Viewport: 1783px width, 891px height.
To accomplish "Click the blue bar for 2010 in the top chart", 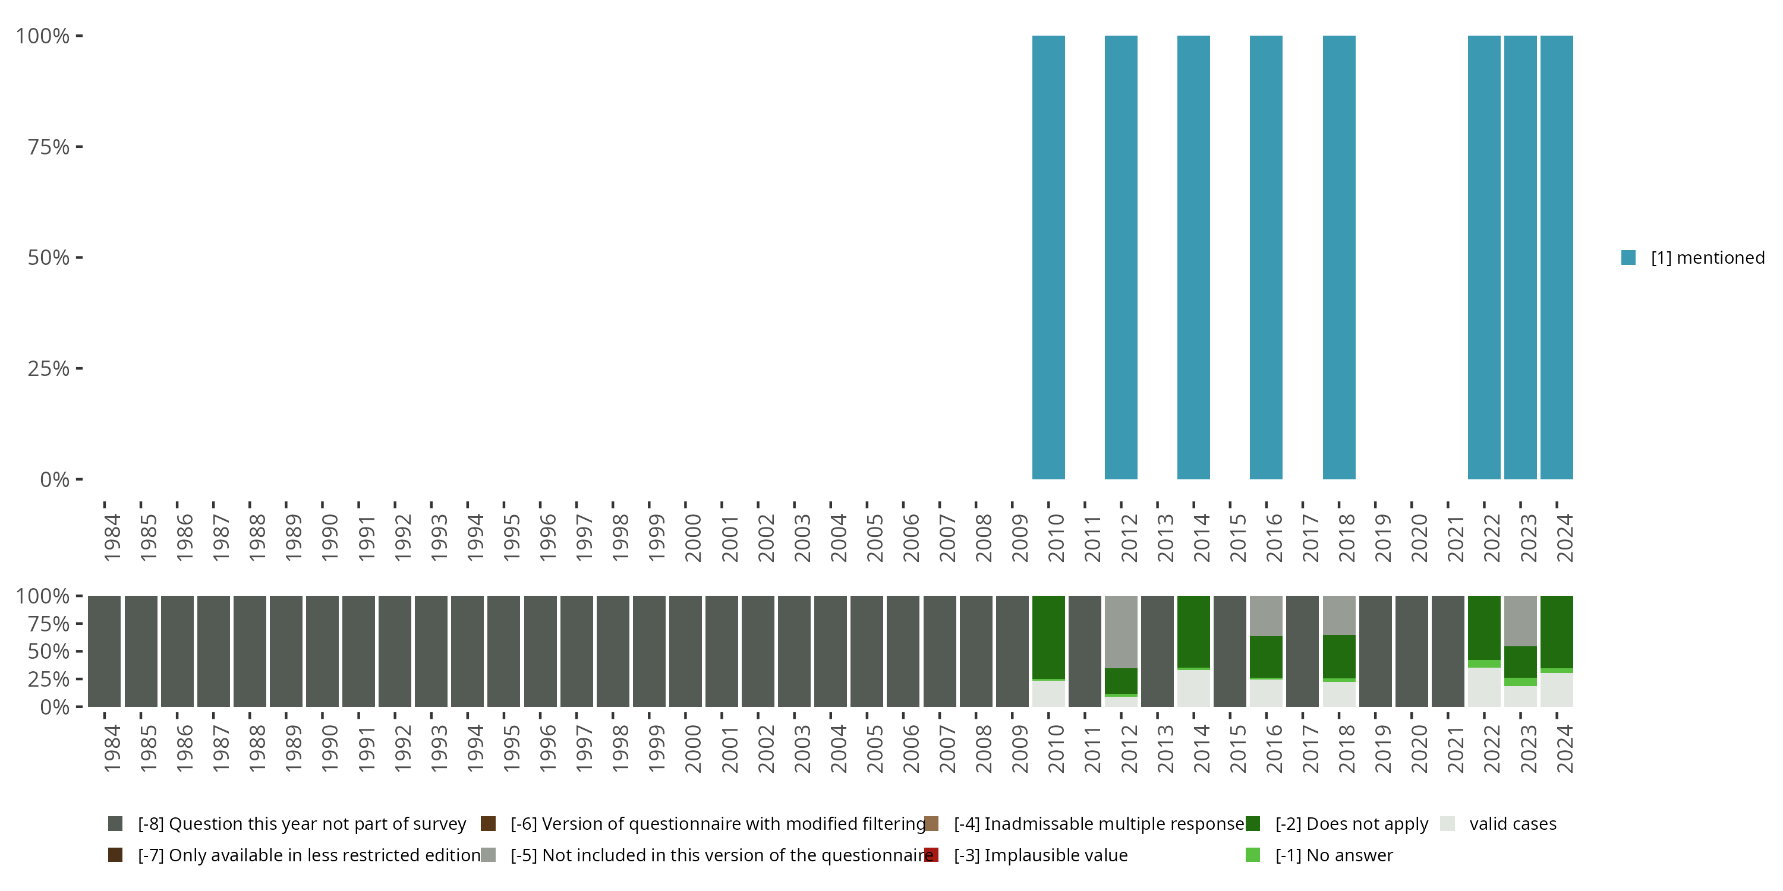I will tap(1048, 257).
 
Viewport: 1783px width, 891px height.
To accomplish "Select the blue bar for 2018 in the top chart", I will tap(1338, 257).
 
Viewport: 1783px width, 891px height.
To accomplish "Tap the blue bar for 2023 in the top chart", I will tap(1520, 257).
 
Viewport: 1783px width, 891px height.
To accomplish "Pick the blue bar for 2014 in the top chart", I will tap(1193, 257).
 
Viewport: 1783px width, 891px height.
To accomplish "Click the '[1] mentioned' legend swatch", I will tap(1628, 257).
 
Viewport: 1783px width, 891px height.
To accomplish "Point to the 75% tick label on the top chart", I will tap(49, 147).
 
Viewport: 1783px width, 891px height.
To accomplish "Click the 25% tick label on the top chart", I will tap(49, 368).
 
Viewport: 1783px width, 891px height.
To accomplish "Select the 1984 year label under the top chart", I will tap(112, 538).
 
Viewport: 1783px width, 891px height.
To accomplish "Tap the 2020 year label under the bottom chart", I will tap(1419, 748).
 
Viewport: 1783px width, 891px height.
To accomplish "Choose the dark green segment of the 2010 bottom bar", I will tap(1048, 636).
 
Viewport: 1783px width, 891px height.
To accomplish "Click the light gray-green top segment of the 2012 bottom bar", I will tap(1120, 631).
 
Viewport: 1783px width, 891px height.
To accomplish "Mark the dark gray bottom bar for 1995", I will tap(503, 651).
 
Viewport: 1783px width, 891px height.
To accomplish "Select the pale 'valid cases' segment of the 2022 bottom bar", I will tap(1484, 687).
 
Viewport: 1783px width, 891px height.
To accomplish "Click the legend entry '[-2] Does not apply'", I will tap(1351, 823).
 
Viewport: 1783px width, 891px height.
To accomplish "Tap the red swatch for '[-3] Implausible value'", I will tap(932, 855).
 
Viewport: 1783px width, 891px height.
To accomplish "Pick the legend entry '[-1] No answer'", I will tap(1334, 855).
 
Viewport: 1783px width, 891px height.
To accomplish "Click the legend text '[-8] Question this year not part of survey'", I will tap(302, 823).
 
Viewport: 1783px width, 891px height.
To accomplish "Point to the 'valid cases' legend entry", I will tap(1513, 823).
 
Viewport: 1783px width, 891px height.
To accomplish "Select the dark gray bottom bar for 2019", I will tap(1375, 651).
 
